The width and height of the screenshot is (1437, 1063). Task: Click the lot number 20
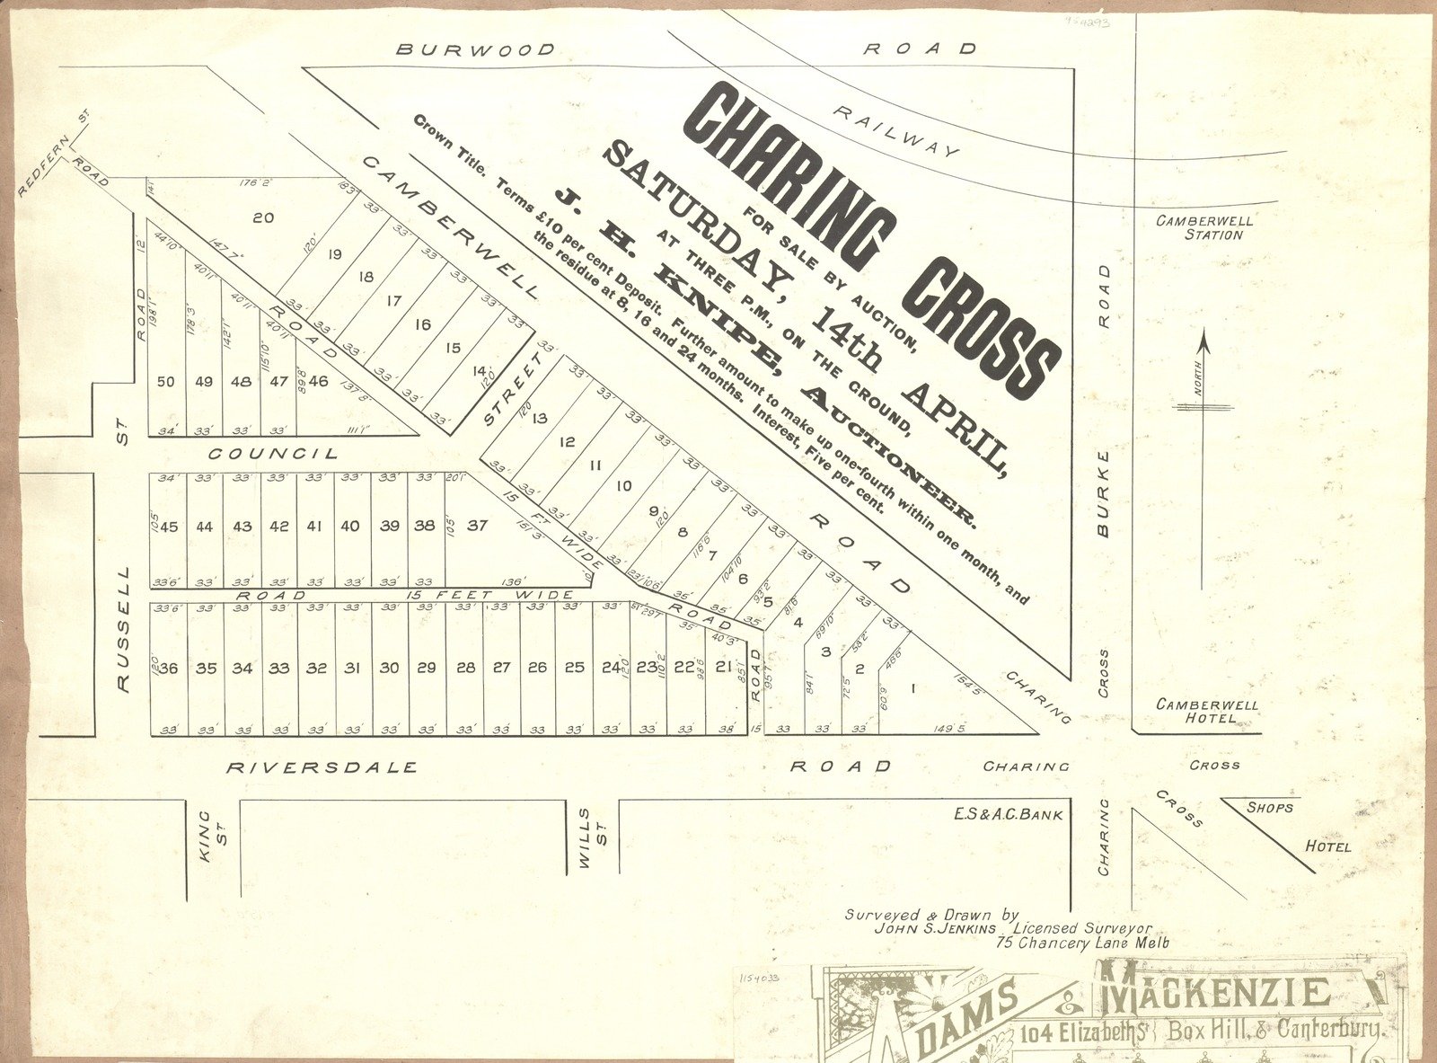(263, 217)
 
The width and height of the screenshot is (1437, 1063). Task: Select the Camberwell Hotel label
(1207, 712)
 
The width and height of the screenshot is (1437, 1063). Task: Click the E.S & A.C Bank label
(1009, 815)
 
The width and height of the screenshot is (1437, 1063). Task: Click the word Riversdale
(322, 767)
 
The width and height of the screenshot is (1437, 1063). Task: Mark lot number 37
(477, 526)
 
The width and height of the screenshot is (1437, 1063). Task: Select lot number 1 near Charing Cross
(913, 689)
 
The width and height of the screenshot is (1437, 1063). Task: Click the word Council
(274, 454)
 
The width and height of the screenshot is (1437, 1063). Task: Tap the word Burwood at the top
(476, 49)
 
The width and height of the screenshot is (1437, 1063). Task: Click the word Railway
(896, 129)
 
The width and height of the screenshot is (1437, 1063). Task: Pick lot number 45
(169, 527)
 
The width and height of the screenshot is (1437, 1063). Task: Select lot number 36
(169, 668)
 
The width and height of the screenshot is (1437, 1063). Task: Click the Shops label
(1269, 807)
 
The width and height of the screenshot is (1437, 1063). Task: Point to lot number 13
(539, 418)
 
